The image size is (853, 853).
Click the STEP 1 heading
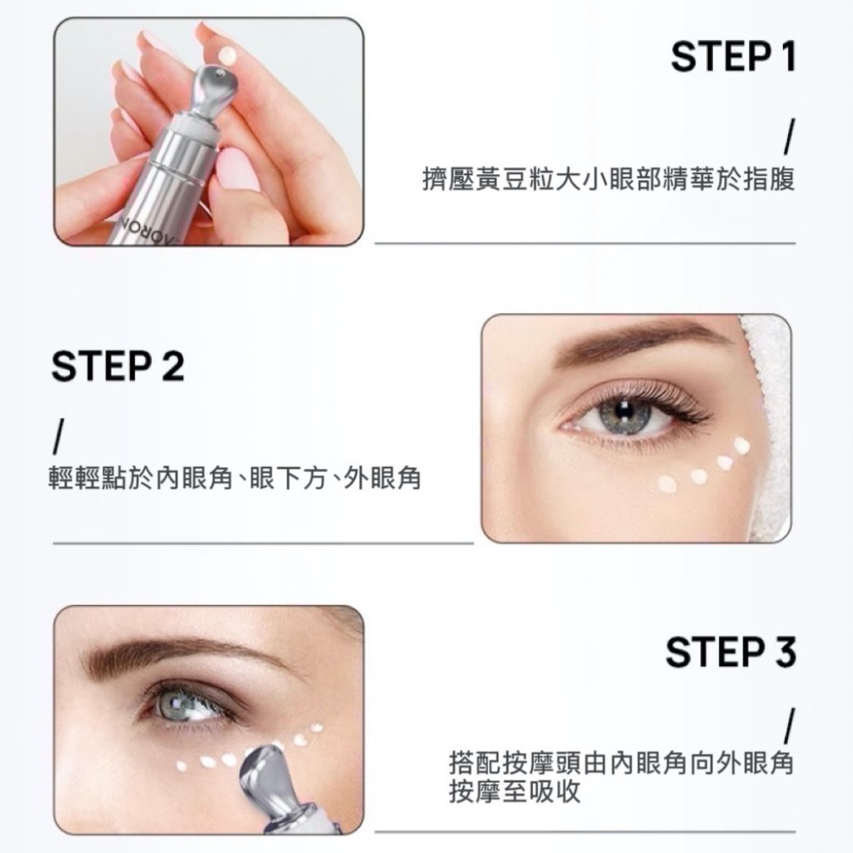click(733, 57)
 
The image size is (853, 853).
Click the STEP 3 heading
click(730, 653)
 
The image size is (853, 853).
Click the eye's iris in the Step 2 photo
click(627, 415)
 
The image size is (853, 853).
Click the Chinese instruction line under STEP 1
click(608, 181)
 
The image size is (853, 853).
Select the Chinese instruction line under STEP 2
click(235, 480)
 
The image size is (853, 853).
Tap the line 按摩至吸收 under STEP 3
click(514, 792)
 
